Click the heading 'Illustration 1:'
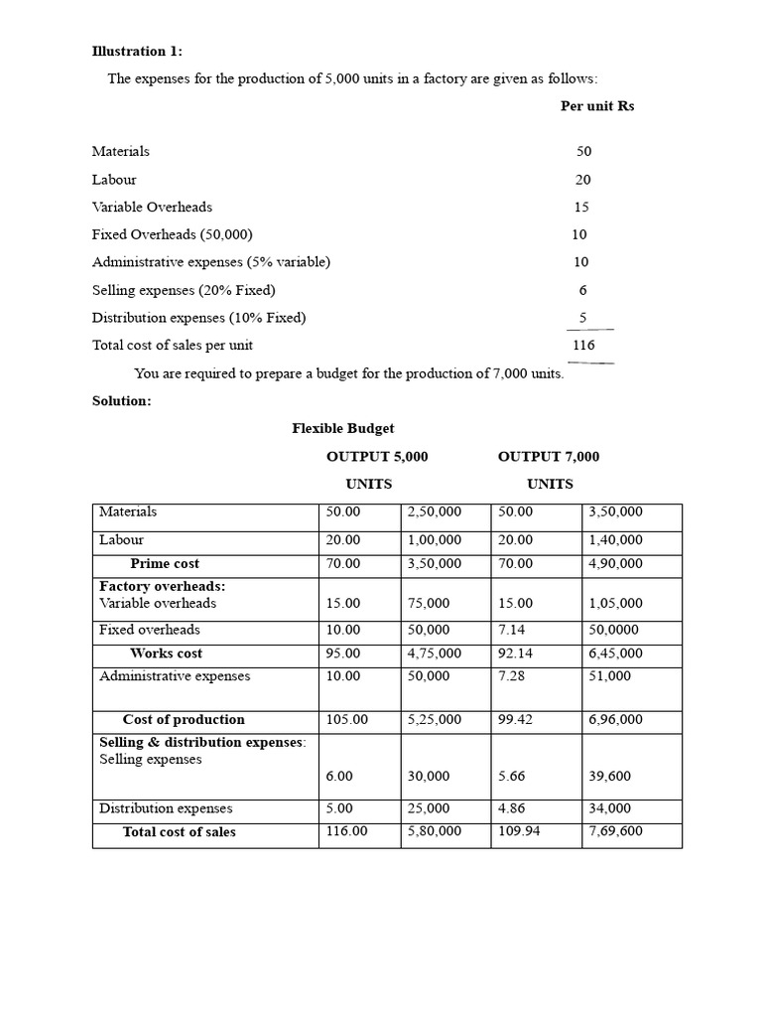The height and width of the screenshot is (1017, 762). (x=137, y=52)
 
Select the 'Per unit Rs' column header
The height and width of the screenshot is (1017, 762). (x=597, y=106)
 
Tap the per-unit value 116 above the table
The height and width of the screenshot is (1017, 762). (x=583, y=346)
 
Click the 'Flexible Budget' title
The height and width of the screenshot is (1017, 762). (x=342, y=428)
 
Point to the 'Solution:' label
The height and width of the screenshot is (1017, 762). (x=121, y=401)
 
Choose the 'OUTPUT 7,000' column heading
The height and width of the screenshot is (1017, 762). (x=549, y=457)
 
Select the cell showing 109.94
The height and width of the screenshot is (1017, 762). (x=519, y=831)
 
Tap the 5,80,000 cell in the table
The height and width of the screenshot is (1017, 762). (x=435, y=831)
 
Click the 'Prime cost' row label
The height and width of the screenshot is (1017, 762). (x=165, y=564)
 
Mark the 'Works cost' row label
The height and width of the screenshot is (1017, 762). (x=166, y=654)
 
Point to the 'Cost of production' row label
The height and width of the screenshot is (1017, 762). (x=184, y=720)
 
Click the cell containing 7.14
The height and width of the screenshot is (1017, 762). (x=514, y=630)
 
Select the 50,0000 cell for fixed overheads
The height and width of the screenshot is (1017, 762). (x=616, y=630)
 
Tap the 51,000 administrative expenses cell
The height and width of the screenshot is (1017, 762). (x=610, y=676)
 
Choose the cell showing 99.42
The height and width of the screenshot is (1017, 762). (x=516, y=720)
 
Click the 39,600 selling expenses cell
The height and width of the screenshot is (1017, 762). (x=610, y=777)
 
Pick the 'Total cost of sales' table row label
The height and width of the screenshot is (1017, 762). (x=180, y=832)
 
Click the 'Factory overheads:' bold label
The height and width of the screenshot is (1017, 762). (x=162, y=587)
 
